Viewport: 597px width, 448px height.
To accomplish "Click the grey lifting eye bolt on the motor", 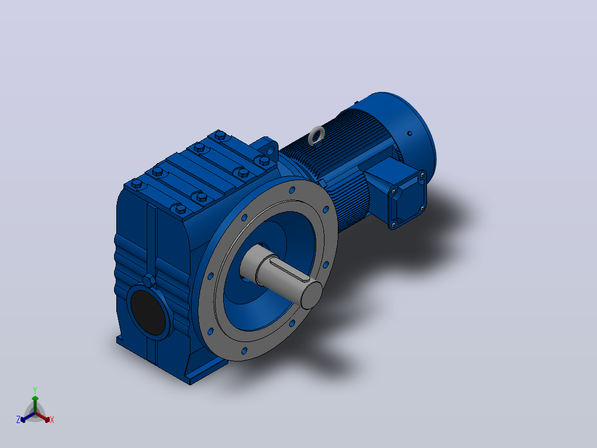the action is (316, 136).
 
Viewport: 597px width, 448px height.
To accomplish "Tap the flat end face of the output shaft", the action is (311, 295).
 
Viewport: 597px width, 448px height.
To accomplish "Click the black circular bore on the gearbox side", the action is (148, 312).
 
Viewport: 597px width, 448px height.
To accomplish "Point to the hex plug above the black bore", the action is (149, 281).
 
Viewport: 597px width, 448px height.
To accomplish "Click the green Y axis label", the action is (35, 390).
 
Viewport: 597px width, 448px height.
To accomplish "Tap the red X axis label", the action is (52, 420).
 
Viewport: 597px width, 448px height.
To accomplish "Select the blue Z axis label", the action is (18, 420).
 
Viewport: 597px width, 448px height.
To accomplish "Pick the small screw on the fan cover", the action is (410, 134).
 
